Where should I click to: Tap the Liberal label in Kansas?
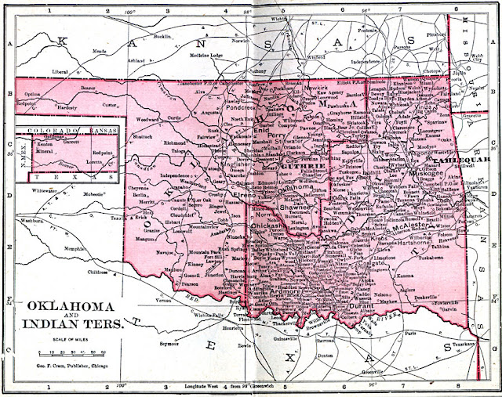pos(60,70)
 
